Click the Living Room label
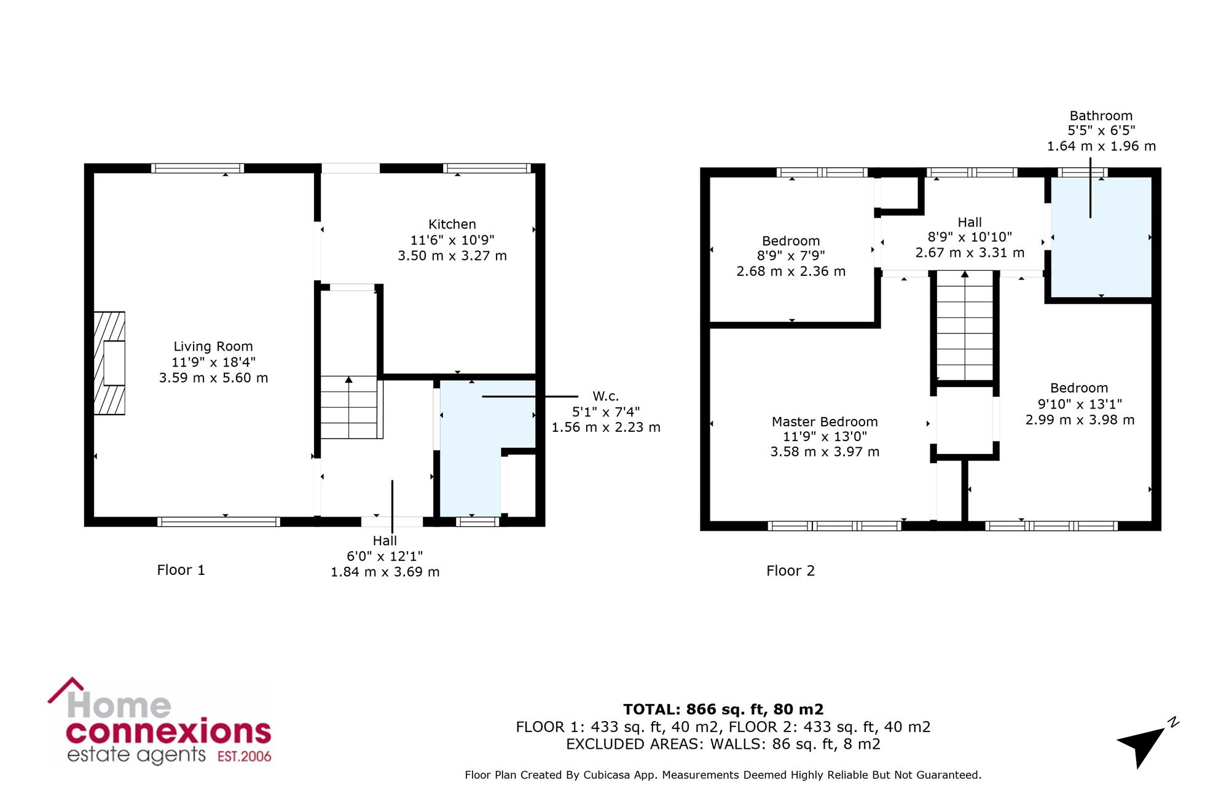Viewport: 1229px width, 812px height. pos(213,346)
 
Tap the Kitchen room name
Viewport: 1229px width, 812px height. pos(452,224)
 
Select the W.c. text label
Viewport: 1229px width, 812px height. pos(605,396)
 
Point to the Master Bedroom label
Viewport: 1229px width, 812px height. pos(825,421)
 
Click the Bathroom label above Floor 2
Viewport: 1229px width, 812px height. pos(1101,115)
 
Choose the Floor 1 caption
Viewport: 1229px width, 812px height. pos(181,570)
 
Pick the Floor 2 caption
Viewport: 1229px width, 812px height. pos(790,571)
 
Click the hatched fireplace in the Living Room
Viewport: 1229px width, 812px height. pos(109,363)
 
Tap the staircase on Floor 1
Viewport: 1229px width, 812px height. pos(349,407)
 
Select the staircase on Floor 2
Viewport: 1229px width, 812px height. pos(965,326)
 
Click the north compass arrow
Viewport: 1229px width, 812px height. pos(1142,745)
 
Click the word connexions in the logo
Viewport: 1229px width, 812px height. pos(168,732)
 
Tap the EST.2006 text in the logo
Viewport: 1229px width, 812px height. pos(245,756)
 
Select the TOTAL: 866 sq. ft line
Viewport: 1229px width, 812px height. pos(723,709)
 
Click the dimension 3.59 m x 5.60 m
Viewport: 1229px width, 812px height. pos(213,378)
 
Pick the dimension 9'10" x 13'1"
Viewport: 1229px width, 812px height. pos(1080,404)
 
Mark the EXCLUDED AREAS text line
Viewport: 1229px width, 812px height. pos(723,744)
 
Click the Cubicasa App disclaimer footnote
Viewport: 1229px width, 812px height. pos(723,775)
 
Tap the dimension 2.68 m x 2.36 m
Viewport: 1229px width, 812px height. pos(791,271)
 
